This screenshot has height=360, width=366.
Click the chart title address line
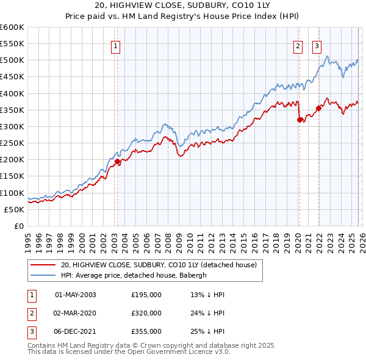coord(182,5)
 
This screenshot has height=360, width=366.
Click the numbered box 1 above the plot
coord(116,45)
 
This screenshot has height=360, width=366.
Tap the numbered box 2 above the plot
coord(298,45)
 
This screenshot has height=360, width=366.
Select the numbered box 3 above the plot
coord(317,45)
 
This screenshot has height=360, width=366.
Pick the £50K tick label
coord(14,209)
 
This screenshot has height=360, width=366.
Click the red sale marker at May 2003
coord(117,161)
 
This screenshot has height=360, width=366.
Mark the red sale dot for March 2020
coord(300,120)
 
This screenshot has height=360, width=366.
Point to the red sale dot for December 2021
coord(318,108)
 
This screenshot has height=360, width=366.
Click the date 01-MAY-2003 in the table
coord(76,295)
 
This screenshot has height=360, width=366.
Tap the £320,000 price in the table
coord(146,313)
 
